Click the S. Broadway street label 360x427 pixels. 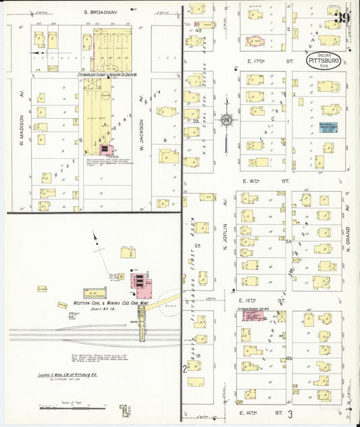tap(100, 12)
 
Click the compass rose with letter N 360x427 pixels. tap(227, 120)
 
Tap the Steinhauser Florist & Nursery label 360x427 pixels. tap(103, 75)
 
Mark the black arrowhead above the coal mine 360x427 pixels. tap(95, 234)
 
